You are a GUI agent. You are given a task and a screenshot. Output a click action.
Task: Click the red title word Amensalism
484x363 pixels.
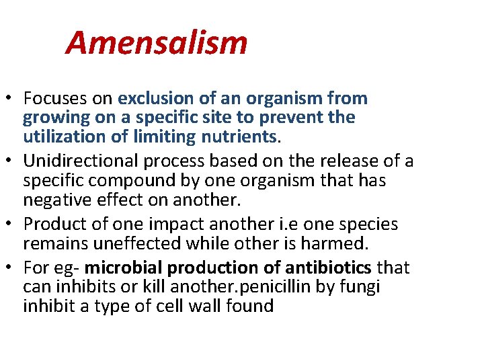[157, 43]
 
